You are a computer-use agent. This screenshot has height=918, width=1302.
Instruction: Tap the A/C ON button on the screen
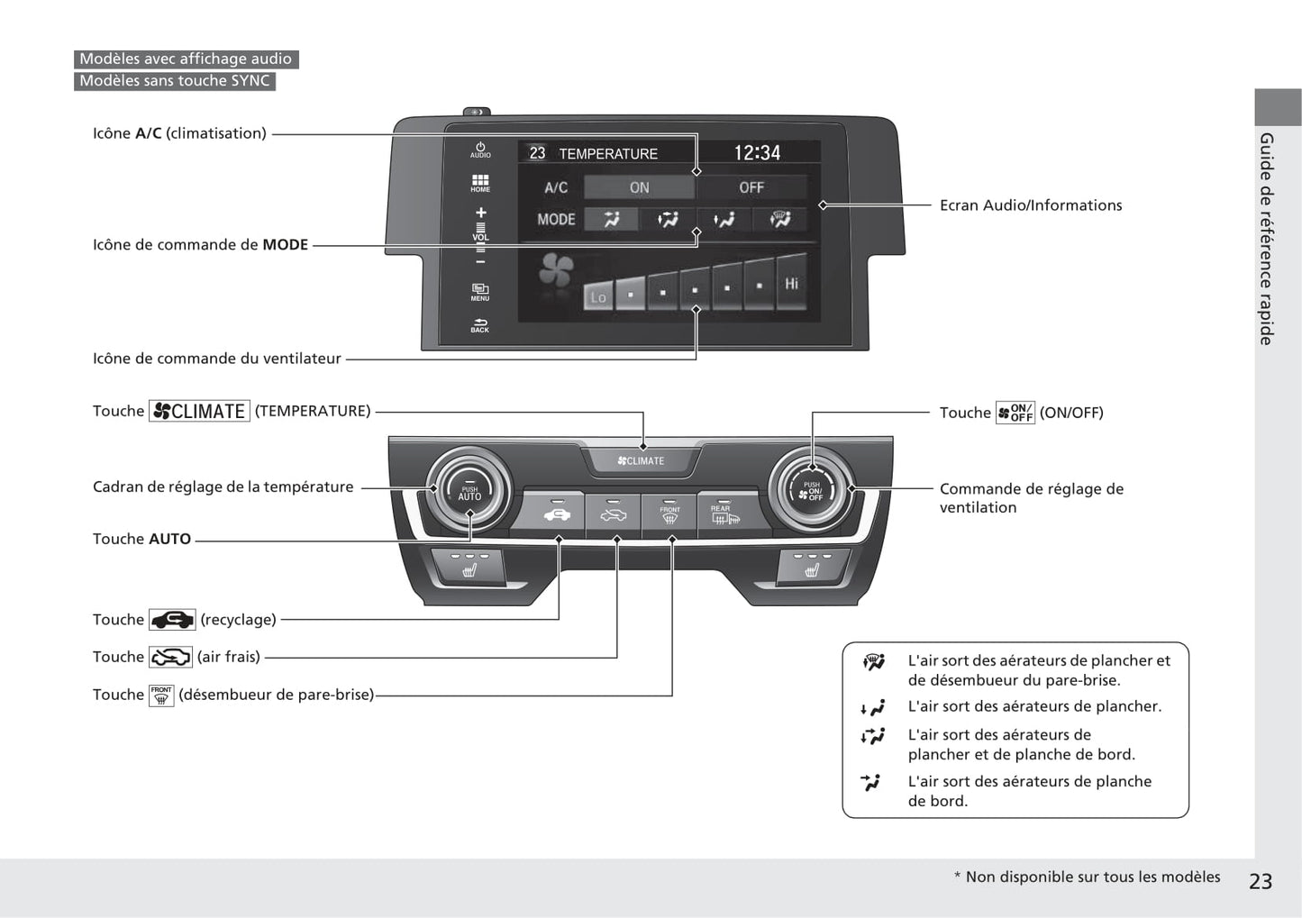pos(639,187)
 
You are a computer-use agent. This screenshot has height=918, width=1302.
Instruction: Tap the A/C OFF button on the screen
pos(751,187)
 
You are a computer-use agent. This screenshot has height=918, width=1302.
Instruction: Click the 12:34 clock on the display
pos(757,153)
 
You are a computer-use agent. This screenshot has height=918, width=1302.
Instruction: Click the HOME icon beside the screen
pos(480,184)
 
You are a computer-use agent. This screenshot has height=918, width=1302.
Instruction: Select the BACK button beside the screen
pos(480,326)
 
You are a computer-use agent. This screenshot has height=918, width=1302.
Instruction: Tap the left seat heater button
pos(469,568)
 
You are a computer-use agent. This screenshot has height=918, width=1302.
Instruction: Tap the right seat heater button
pos(812,568)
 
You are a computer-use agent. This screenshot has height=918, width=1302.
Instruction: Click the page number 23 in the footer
pos(1260,881)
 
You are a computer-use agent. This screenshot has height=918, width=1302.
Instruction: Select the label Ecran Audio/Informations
pos(1030,205)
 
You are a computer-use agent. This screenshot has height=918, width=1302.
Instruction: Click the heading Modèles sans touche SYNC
pos(175,81)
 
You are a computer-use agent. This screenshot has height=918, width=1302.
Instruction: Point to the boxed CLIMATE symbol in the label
pos(199,412)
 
